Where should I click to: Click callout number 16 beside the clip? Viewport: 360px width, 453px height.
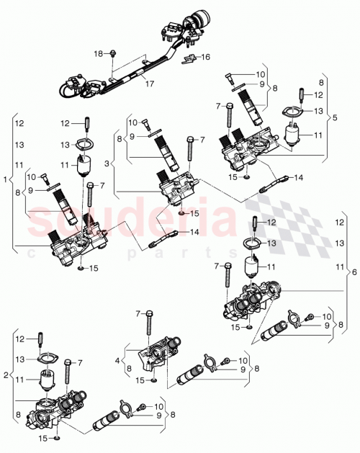pos(205,57)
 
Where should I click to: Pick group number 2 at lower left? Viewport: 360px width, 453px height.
pos(6,374)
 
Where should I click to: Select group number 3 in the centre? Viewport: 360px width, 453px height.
pos(108,165)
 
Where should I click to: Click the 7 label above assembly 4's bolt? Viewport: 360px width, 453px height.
pos(136,313)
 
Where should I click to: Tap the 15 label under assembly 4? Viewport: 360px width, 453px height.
pos(142,380)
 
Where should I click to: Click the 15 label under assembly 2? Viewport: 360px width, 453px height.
pos(44,438)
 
